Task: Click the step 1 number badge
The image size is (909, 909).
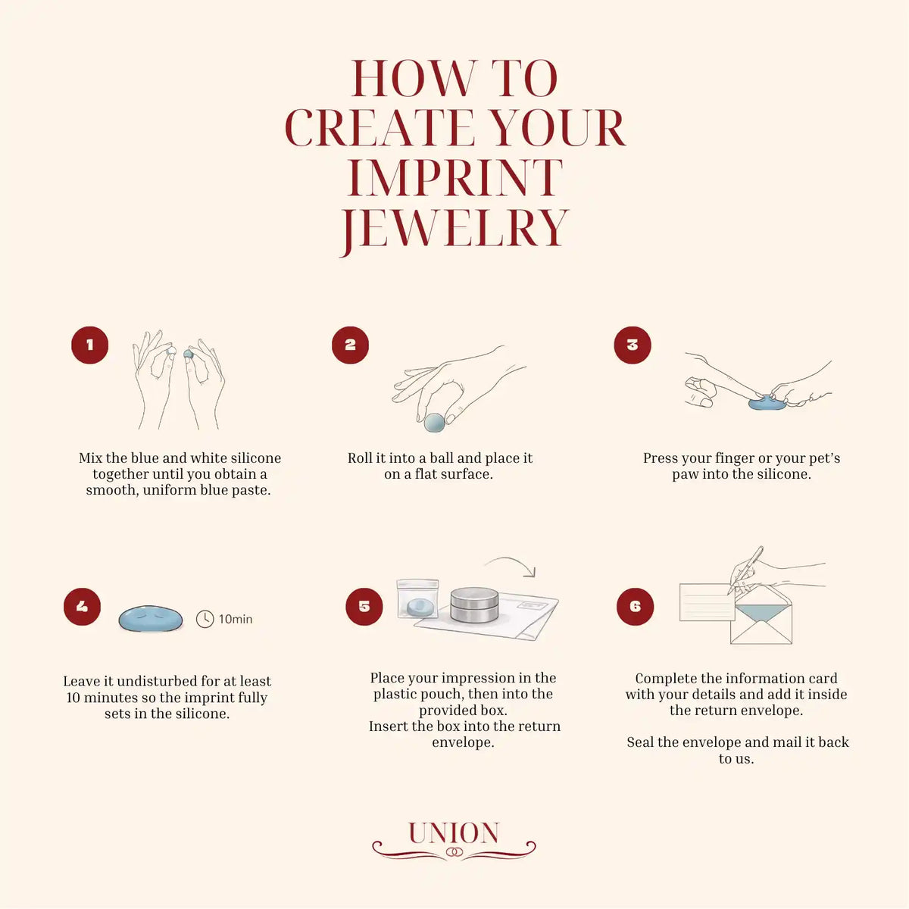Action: pyautogui.click(x=89, y=345)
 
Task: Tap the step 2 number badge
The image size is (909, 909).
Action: pyautogui.click(x=350, y=345)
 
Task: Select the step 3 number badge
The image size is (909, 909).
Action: pyautogui.click(x=632, y=345)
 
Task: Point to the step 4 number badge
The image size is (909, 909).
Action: pyautogui.click(x=82, y=606)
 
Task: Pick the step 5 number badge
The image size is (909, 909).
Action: pyautogui.click(x=364, y=606)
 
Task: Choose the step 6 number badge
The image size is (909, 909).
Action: pyautogui.click(x=635, y=606)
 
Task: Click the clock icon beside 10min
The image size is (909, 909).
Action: pyautogui.click(x=205, y=619)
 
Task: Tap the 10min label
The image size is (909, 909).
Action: pyautogui.click(x=236, y=619)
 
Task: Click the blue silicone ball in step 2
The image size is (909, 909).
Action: pyautogui.click(x=434, y=422)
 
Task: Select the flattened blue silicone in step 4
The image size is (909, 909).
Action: pyautogui.click(x=151, y=618)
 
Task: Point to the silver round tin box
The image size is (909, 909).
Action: pyautogui.click(x=474, y=604)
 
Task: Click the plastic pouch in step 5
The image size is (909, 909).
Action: pyautogui.click(x=417, y=598)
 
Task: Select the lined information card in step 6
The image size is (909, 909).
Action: pyautogui.click(x=706, y=602)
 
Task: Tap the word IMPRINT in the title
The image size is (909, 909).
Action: pyautogui.click(x=454, y=178)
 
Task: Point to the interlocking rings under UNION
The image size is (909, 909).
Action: pyautogui.click(x=454, y=852)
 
